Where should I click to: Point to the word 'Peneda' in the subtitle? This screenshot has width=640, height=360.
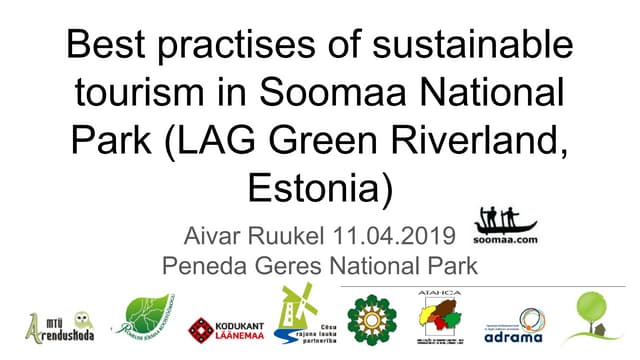[206, 266]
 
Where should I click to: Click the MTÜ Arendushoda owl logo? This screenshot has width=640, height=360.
[60, 324]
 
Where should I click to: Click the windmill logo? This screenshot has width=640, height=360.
[296, 316]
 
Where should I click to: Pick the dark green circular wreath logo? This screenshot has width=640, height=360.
[371, 320]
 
